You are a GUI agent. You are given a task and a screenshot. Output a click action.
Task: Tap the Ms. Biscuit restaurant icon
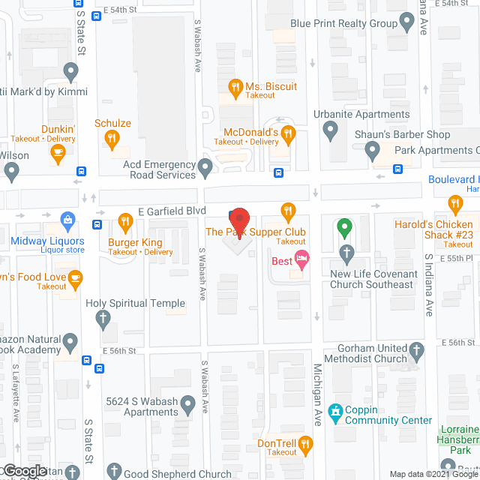pos(235,87)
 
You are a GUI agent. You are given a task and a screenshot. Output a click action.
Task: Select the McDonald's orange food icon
pos(288,133)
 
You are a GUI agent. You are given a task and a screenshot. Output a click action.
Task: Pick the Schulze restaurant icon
pos(112,138)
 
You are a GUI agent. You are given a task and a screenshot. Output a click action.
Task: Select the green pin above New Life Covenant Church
pos(344,226)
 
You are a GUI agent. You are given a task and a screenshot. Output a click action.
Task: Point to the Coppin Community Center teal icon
pos(334,411)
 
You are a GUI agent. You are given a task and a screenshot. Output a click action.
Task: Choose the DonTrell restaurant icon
pos(304,447)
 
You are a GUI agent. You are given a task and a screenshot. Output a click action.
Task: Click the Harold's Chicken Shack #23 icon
pos(454,204)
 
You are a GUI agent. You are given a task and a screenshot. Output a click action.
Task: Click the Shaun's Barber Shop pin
pos(373,152)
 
